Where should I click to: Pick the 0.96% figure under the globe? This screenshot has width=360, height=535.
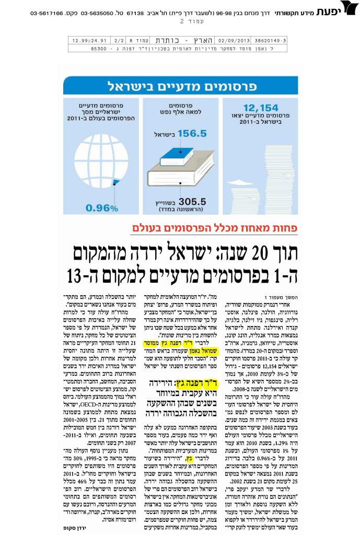[x=101, y=207]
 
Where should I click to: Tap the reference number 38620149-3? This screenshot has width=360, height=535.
[x=280, y=40]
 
